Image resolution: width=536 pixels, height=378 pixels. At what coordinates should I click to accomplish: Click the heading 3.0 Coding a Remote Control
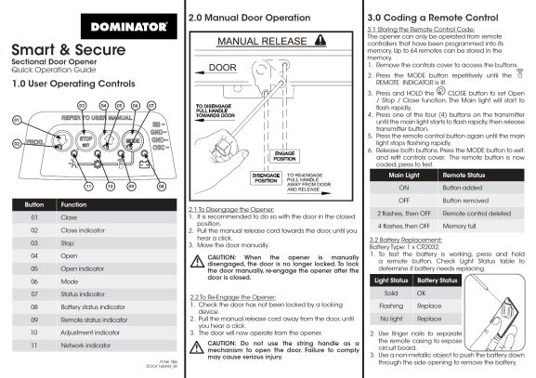click(x=427, y=18)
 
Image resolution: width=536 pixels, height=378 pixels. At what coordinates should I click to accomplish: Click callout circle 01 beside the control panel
click(x=16, y=120)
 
